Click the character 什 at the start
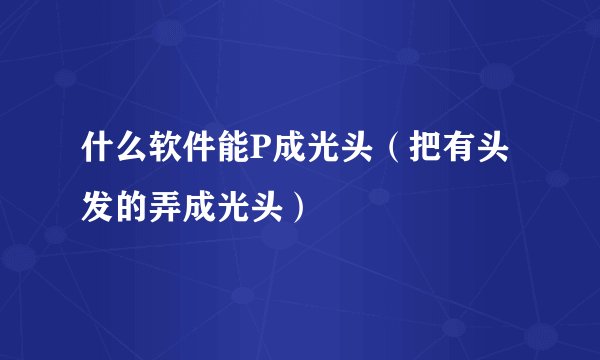(98, 155)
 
